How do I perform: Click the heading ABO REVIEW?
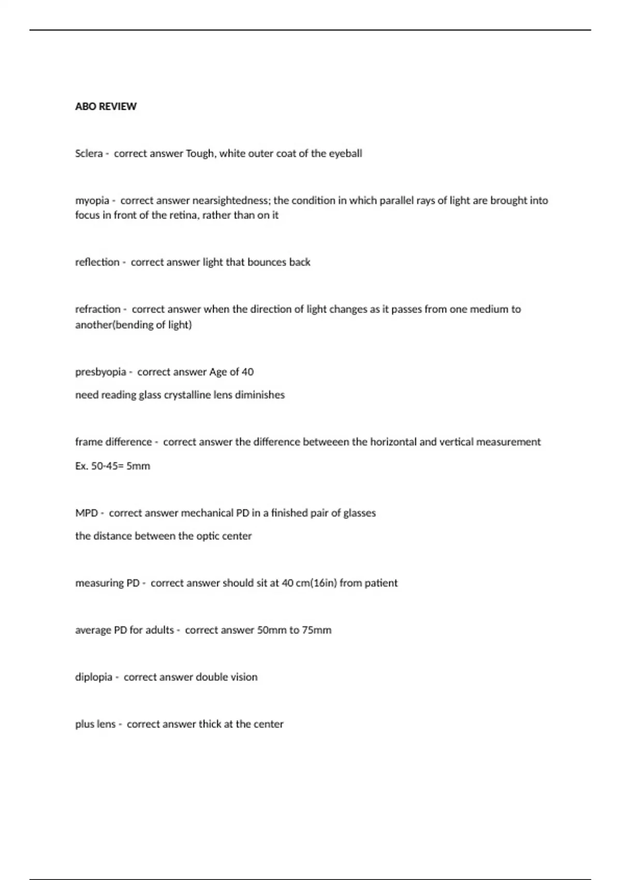point(106,106)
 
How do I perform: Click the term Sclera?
point(88,153)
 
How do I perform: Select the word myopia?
point(92,200)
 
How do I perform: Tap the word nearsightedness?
point(231,200)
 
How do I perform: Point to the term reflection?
point(97,262)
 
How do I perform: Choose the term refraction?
point(98,309)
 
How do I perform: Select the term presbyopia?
point(100,372)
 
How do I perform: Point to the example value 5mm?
point(138,465)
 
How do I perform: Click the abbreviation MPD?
point(86,512)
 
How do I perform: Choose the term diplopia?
point(94,677)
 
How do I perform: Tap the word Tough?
point(201,153)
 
